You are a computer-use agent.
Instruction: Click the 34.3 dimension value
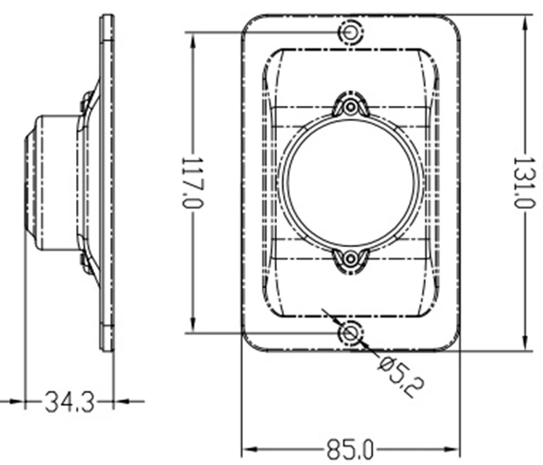70,402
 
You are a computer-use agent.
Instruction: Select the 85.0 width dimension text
350,450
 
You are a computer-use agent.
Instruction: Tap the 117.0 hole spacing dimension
192,183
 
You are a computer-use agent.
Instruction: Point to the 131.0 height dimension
523,183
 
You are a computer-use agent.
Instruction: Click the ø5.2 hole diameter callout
401,377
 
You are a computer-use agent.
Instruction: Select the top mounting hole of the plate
350,32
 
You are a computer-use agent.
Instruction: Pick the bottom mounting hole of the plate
350,333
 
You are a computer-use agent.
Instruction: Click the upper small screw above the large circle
350,107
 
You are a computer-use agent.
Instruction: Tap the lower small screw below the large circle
350,258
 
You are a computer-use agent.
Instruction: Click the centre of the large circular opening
350,183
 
